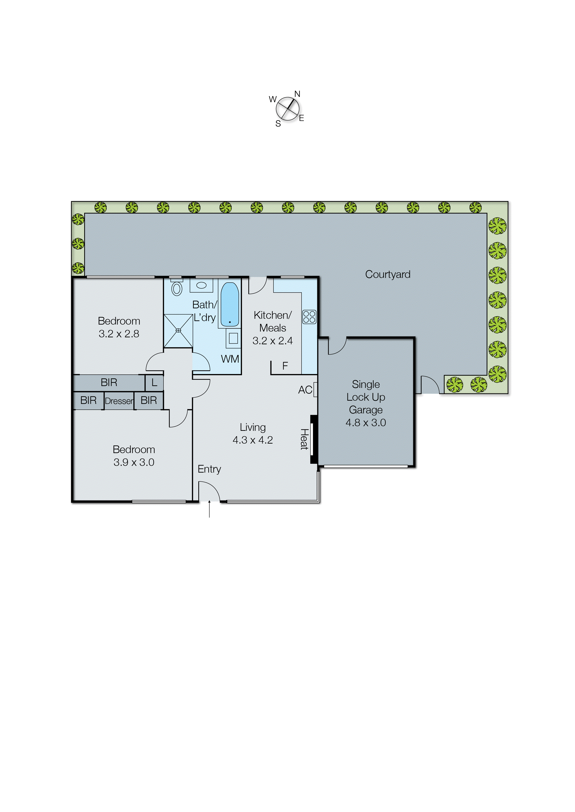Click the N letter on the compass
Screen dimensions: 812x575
[297, 94]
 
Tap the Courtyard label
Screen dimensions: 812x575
[387, 274]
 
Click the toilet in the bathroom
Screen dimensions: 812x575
[177, 288]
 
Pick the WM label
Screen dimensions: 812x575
[230, 359]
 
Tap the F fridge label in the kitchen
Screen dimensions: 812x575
[285, 366]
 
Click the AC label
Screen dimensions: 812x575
[305, 390]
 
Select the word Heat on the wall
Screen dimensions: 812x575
[304, 439]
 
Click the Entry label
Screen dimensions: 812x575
[209, 469]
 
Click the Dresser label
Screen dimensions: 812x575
[119, 401]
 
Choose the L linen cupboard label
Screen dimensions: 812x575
[154, 382]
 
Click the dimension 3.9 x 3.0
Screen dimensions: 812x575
[134, 462]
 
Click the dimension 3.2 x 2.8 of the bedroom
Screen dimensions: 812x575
[119, 334]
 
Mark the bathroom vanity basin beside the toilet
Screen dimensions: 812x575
[201, 285]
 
